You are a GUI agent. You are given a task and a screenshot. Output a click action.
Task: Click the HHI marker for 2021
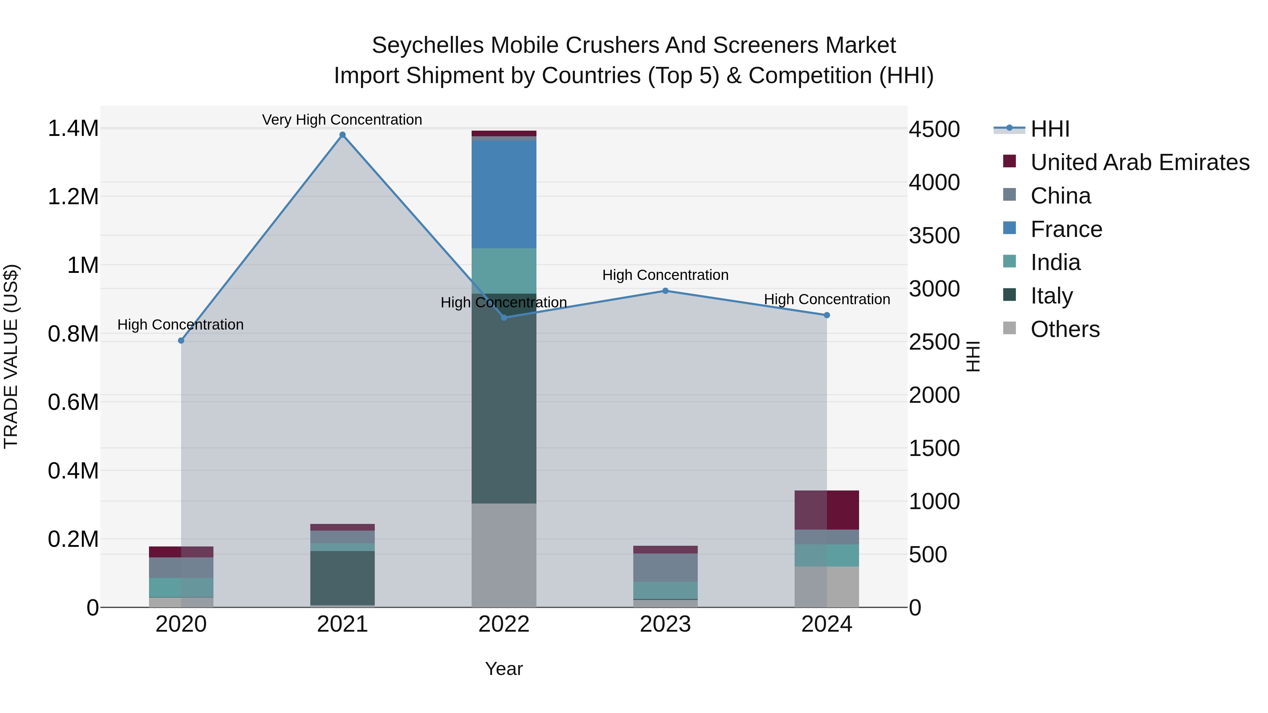[x=343, y=135]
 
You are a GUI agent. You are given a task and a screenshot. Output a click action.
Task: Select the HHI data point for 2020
[x=181, y=340]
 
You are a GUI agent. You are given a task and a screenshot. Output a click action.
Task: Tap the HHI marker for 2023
[x=665, y=291]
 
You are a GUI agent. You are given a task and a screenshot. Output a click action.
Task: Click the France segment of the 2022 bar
[x=504, y=194]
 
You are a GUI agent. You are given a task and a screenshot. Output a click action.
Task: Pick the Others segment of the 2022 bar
[x=504, y=555]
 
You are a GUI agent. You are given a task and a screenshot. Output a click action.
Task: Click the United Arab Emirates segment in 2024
[x=827, y=510]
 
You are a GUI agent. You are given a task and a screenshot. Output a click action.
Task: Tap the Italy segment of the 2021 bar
[x=343, y=578]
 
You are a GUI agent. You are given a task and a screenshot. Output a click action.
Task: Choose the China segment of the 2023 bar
[x=665, y=567]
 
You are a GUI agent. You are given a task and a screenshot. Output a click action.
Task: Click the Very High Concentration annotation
[x=342, y=120]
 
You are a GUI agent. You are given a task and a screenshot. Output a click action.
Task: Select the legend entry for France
[x=1066, y=229]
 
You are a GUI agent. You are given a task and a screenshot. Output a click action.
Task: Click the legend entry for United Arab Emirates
[x=1139, y=162]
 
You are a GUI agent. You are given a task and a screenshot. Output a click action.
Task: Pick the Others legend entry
[x=1065, y=329]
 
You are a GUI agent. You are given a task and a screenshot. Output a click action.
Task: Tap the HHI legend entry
[x=1050, y=129]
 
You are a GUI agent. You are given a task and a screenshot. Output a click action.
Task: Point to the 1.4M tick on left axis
[x=73, y=129]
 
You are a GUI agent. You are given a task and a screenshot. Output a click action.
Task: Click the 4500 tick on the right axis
[x=934, y=130]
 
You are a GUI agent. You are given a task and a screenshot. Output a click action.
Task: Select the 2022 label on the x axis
[x=504, y=624]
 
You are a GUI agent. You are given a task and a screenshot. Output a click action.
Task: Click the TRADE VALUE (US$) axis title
[x=11, y=356]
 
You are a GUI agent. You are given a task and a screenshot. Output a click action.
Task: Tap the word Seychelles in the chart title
[x=427, y=45]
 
